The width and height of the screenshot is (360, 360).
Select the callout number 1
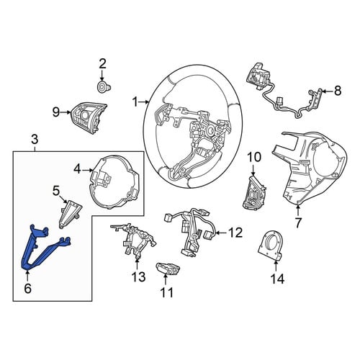pyautogui.click(x=135, y=102)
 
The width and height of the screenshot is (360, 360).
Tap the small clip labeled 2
pyautogui.click(x=104, y=86)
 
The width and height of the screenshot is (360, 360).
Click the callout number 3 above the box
pyautogui.click(x=35, y=140)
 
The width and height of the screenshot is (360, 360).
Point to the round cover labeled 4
pyautogui.click(x=114, y=181)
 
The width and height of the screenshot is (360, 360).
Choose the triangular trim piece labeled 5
pyautogui.click(x=71, y=212)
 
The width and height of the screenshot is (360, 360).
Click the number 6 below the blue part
pyautogui.click(x=27, y=288)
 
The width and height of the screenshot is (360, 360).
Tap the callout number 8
pyautogui.click(x=338, y=91)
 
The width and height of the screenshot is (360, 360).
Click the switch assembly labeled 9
pyautogui.click(x=89, y=115)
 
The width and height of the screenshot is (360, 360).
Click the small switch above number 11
pyautogui.click(x=168, y=269)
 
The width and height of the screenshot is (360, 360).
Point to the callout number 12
pyautogui.click(x=235, y=233)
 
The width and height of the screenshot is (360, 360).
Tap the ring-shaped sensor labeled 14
pyautogui.click(x=271, y=246)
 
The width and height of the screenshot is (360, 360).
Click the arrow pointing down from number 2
pyautogui.click(x=102, y=76)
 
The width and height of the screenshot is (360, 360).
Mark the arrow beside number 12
pyautogui.click(x=221, y=233)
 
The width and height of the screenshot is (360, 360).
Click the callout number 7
pyautogui.click(x=298, y=223)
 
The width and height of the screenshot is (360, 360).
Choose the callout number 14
pyautogui.click(x=277, y=279)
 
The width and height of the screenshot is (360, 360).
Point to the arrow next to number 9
pyautogui.click(x=66, y=112)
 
